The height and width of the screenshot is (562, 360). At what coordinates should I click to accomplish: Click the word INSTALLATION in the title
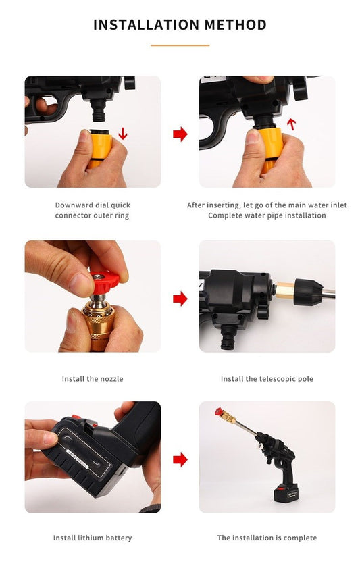(147, 25)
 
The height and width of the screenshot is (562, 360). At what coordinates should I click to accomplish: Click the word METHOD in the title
(236, 25)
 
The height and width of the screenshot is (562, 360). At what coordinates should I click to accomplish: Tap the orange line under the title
(180, 45)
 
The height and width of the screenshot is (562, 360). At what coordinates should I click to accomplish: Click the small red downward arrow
(123, 132)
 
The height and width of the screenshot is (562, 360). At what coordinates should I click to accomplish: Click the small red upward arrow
(292, 124)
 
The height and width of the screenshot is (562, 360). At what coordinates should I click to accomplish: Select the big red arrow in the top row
(180, 134)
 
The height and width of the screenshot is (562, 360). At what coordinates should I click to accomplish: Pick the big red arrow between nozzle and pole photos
(180, 298)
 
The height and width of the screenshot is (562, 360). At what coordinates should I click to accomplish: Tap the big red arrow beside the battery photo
(180, 459)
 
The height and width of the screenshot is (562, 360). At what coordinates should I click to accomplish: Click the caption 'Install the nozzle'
(93, 379)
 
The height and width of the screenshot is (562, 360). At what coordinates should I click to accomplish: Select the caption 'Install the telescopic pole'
(267, 379)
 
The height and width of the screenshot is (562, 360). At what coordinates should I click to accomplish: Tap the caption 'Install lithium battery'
(93, 538)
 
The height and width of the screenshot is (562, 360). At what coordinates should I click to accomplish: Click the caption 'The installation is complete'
(267, 538)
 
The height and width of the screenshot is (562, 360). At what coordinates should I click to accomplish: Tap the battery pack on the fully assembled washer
(286, 492)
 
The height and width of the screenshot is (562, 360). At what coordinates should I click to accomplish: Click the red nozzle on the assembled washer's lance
(219, 412)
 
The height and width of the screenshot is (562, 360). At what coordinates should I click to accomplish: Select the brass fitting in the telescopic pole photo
(285, 289)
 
